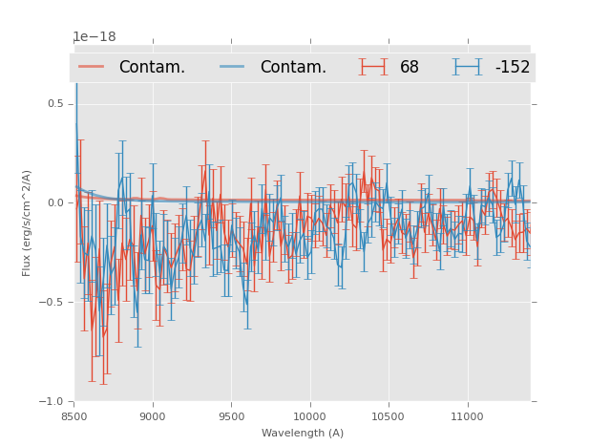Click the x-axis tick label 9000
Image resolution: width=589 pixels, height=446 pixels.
[x=153, y=416]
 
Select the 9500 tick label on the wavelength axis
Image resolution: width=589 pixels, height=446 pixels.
[x=231, y=416]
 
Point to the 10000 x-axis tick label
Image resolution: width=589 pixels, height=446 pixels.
[x=309, y=416]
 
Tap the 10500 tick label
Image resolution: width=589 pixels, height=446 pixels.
[x=389, y=416]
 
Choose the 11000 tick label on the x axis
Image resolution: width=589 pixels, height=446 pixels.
[x=467, y=416]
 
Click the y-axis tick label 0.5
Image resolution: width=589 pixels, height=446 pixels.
[x=55, y=104]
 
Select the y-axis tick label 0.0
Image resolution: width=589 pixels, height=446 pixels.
[x=55, y=203]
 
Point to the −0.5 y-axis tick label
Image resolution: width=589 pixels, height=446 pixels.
[x=53, y=303]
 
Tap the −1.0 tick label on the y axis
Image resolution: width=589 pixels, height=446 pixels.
[x=53, y=402]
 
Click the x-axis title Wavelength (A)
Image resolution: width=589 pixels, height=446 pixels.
[x=303, y=434]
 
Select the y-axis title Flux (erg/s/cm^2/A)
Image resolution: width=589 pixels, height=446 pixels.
[x=28, y=223]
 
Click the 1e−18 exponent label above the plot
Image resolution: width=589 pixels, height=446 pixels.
[x=95, y=37]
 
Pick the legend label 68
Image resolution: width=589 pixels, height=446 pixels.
[x=410, y=68]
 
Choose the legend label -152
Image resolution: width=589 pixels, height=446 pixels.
[x=513, y=68]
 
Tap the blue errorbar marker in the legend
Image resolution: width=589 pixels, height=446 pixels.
[x=468, y=67]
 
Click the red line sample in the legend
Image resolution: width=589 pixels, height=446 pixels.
[x=92, y=67]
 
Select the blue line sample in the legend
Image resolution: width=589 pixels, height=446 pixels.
[x=233, y=67]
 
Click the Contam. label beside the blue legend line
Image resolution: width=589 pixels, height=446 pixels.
[x=293, y=68]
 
